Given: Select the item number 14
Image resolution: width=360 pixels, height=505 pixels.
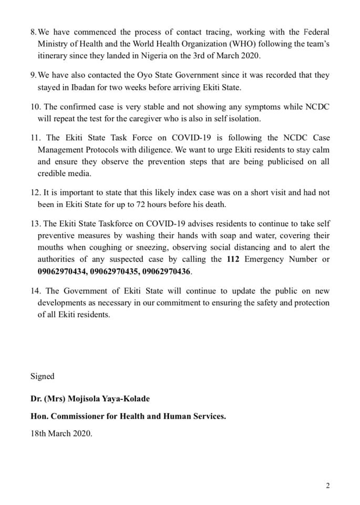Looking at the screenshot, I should pos(36,291).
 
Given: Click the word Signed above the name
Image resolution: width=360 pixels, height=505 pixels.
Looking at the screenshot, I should pos(42,376).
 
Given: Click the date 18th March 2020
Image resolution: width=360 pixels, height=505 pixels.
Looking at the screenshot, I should pos(61,434).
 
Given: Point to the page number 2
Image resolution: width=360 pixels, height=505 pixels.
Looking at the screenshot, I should pos(328,486).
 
